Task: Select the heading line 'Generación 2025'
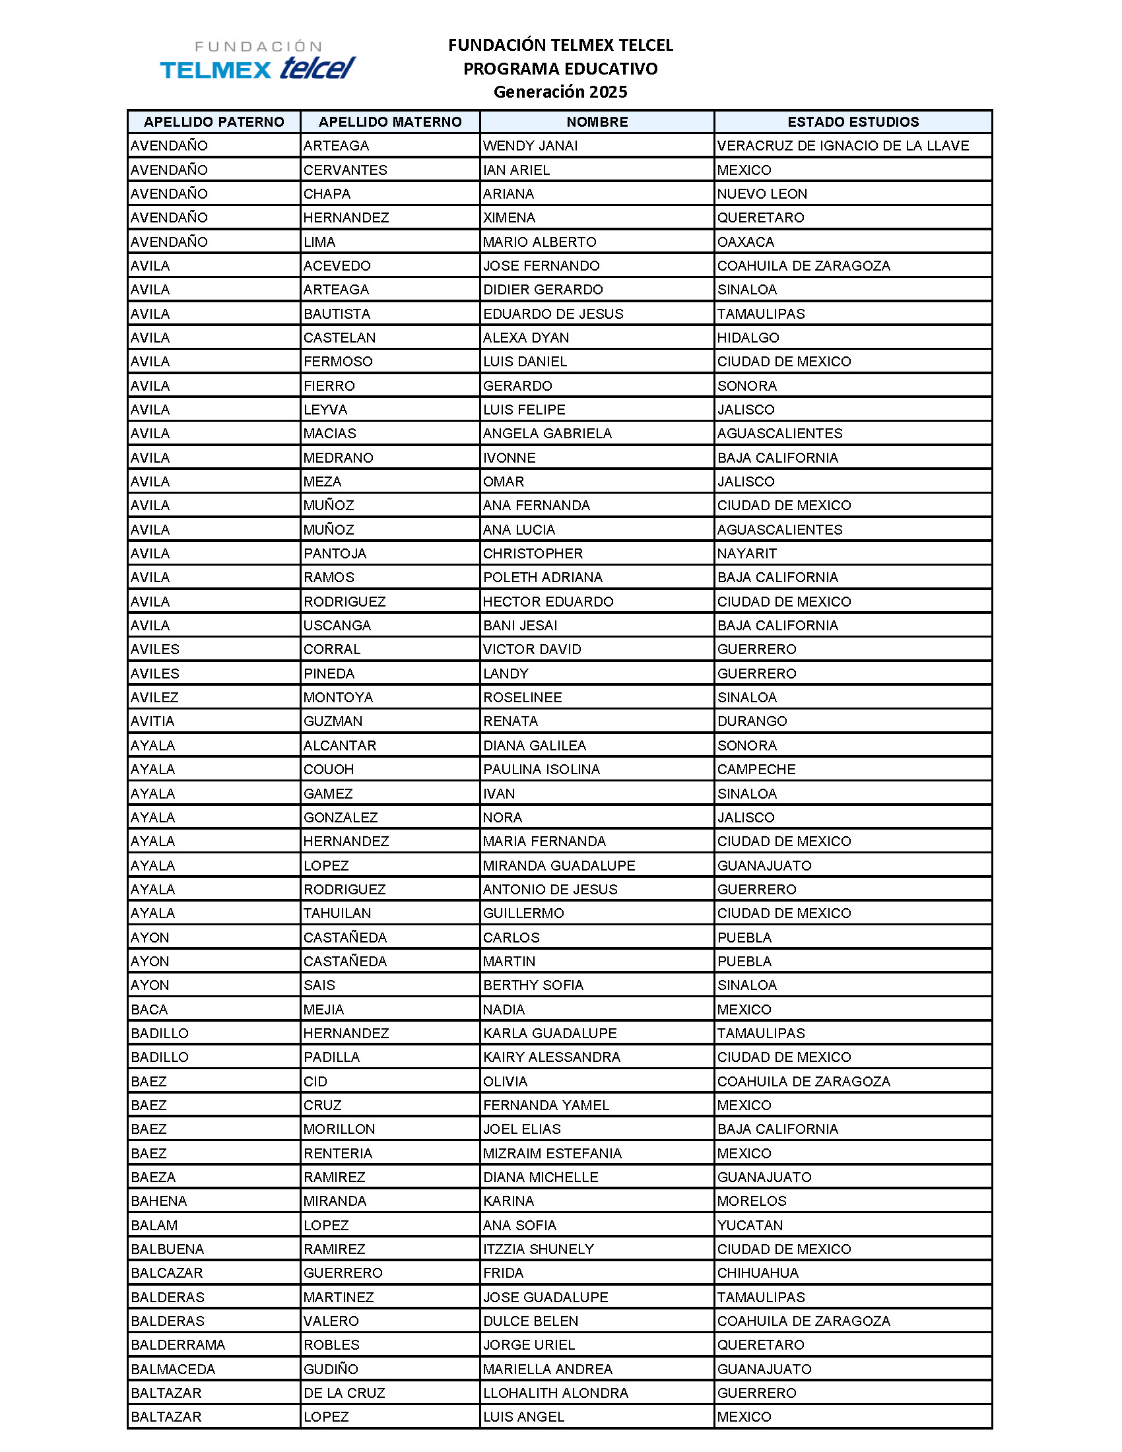pos(560,92)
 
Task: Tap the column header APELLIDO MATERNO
pos(390,121)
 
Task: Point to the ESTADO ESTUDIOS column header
pos(853,121)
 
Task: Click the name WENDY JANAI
pos(531,146)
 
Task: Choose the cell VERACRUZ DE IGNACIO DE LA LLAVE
pos(843,146)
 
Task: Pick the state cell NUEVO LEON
pos(762,193)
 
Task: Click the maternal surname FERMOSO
pos(338,362)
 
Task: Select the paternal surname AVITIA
pos(152,721)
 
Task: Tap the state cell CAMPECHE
pos(756,769)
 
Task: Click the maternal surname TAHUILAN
pos(337,913)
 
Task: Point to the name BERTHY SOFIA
pos(533,985)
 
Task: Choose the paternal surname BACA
pos(149,1009)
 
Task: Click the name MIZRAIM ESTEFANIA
pos(552,1153)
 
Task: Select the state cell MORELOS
pos(752,1201)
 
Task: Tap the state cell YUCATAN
pos(750,1224)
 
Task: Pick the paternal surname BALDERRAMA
pos(178,1345)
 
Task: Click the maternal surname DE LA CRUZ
pos(345,1393)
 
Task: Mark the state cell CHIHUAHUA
pos(758,1272)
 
